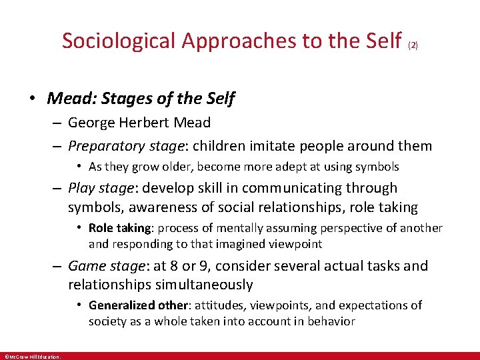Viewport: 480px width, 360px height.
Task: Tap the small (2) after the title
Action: click(x=412, y=46)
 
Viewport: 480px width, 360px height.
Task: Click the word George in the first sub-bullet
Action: click(x=91, y=123)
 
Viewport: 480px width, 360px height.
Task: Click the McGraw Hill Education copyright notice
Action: click(x=32, y=356)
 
